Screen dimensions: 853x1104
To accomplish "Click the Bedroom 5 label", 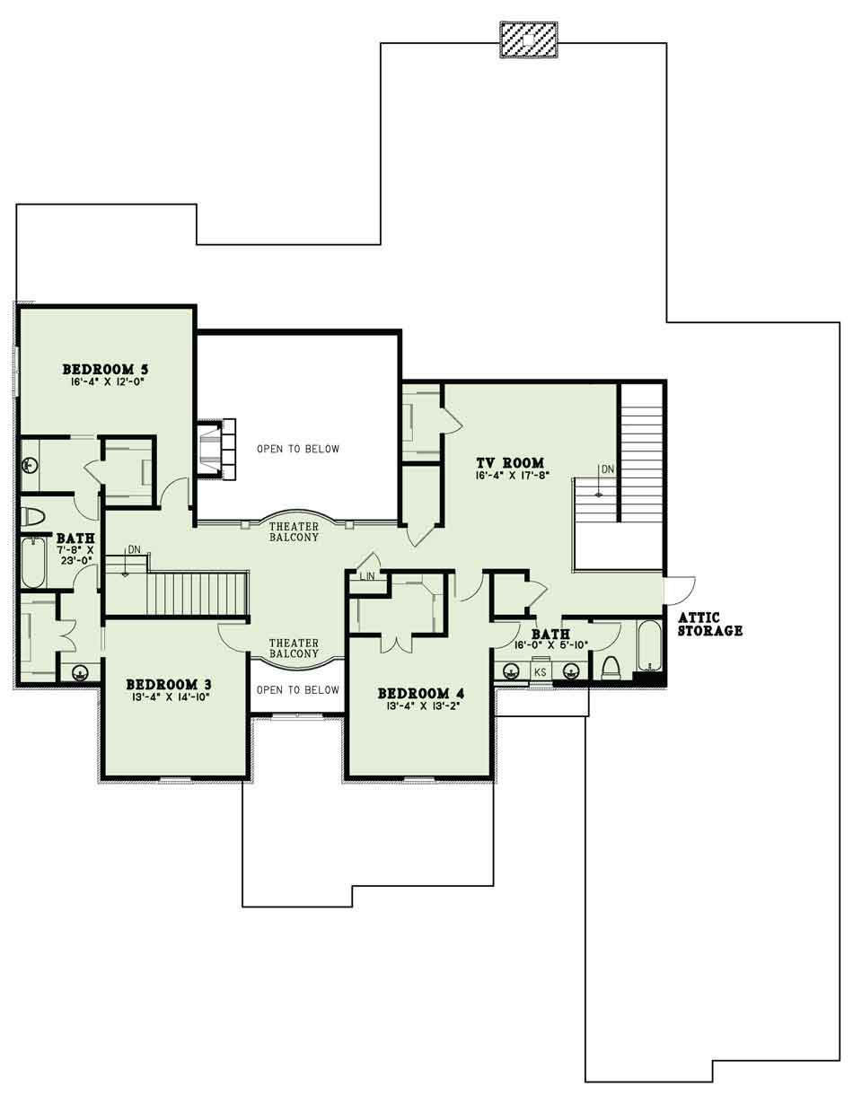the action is [105, 369].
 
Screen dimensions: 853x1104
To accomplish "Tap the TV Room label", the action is [510, 463].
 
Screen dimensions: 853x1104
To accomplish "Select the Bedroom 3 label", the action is [169, 684].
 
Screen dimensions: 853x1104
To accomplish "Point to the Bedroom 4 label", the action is [420, 693].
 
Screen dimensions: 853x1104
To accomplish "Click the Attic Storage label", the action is [710, 625].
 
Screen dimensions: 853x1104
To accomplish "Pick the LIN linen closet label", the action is [367, 576].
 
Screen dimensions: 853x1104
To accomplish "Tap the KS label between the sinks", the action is [540, 672].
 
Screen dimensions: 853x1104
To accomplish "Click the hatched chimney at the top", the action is [529, 40].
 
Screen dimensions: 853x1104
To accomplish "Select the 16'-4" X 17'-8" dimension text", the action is [510, 476].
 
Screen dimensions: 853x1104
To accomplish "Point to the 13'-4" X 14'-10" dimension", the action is [169, 697].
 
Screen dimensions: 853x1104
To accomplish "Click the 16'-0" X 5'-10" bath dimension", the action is [551, 645].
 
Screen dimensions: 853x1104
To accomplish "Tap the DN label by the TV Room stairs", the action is [608, 469].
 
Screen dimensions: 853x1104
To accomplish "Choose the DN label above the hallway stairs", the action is [134, 549].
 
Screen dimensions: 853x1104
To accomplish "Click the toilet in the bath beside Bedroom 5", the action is [32, 516].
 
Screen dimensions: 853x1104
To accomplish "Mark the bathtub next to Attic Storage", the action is [649, 646].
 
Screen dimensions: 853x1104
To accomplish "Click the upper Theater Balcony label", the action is [294, 531].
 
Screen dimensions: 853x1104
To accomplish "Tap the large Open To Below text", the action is [298, 449].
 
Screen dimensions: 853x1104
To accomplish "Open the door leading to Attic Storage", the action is [679, 591].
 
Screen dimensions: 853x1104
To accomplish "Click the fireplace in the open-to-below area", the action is [216, 449].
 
